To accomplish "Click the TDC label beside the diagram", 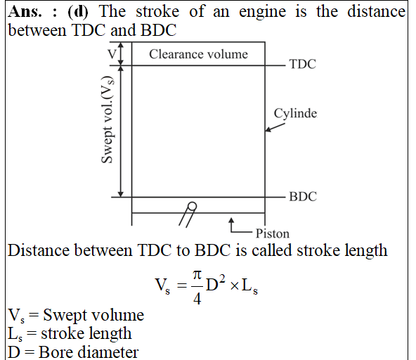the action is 303,64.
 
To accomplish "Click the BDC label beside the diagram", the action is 303,197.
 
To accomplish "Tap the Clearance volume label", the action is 198,54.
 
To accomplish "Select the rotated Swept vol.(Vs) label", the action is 108,120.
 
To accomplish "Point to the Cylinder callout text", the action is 295,114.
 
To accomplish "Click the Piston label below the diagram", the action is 273,233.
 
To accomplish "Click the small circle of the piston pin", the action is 192,206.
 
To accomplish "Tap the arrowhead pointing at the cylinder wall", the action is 268,129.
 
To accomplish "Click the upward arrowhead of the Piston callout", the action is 231,220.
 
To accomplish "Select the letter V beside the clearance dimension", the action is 112,54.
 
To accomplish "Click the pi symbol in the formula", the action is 197,275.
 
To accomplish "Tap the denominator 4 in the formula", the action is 197,299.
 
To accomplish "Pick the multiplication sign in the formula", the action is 235,286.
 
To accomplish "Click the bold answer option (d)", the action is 78,12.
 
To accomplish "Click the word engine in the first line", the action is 262,13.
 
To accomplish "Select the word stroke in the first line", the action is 157,12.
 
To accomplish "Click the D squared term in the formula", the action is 216,283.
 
